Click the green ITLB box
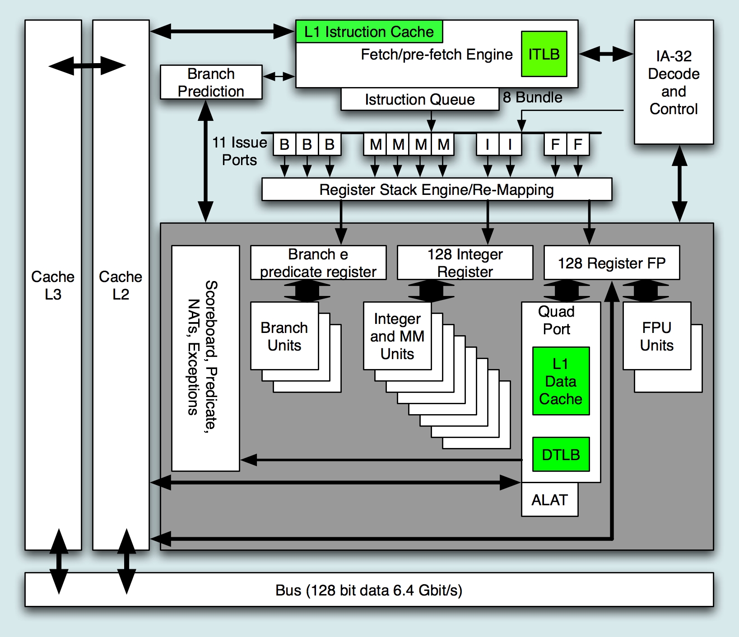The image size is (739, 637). pyautogui.click(x=544, y=54)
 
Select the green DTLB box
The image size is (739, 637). pyautogui.click(x=561, y=454)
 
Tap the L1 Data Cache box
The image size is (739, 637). pyautogui.click(x=561, y=381)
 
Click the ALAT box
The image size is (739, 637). pyautogui.click(x=549, y=500)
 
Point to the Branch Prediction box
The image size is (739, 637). pyautogui.click(x=211, y=82)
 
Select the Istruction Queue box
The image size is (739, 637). pyautogui.click(x=419, y=99)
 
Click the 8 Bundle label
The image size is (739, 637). pyautogui.click(x=533, y=97)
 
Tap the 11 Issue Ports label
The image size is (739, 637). pyautogui.click(x=239, y=151)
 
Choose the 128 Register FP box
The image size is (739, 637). pyautogui.click(x=611, y=263)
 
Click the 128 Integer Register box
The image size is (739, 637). pyautogui.click(x=465, y=263)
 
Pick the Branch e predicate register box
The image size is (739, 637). pyautogui.click(x=318, y=263)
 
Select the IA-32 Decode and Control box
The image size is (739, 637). pyautogui.click(x=674, y=82)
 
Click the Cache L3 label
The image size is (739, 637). pyautogui.click(x=53, y=285)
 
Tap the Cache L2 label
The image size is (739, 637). pyautogui.click(x=121, y=285)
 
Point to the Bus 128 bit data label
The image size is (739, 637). pyautogui.click(x=369, y=590)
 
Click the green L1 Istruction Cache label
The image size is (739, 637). pyautogui.click(x=369, y=32)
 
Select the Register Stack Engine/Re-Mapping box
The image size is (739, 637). pyautogui.click(x=437, y=189)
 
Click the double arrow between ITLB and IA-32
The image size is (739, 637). pyautogui.click(x=606, y=54)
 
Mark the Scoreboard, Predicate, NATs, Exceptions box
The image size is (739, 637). pyautogui.click(x=205, y=358)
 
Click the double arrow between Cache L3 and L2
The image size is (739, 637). pyautogui.click(x=87, y=66)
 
